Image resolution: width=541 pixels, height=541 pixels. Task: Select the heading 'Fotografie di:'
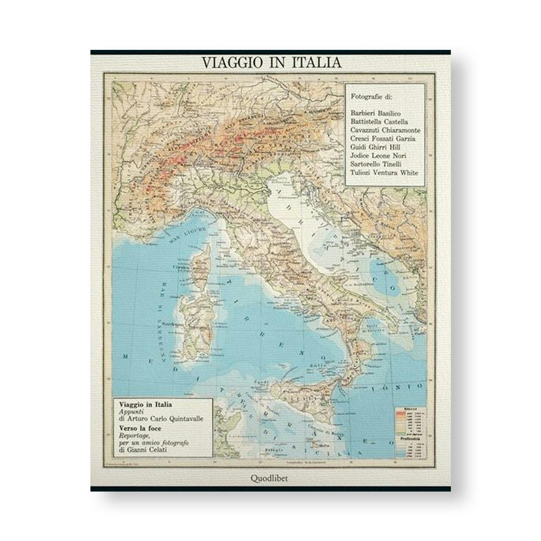(372, 96)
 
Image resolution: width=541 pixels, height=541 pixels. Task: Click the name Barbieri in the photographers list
(365, 113)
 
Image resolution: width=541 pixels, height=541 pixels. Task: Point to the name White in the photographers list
(410, 172)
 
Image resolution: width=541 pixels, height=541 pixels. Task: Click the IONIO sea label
(397, 386)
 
